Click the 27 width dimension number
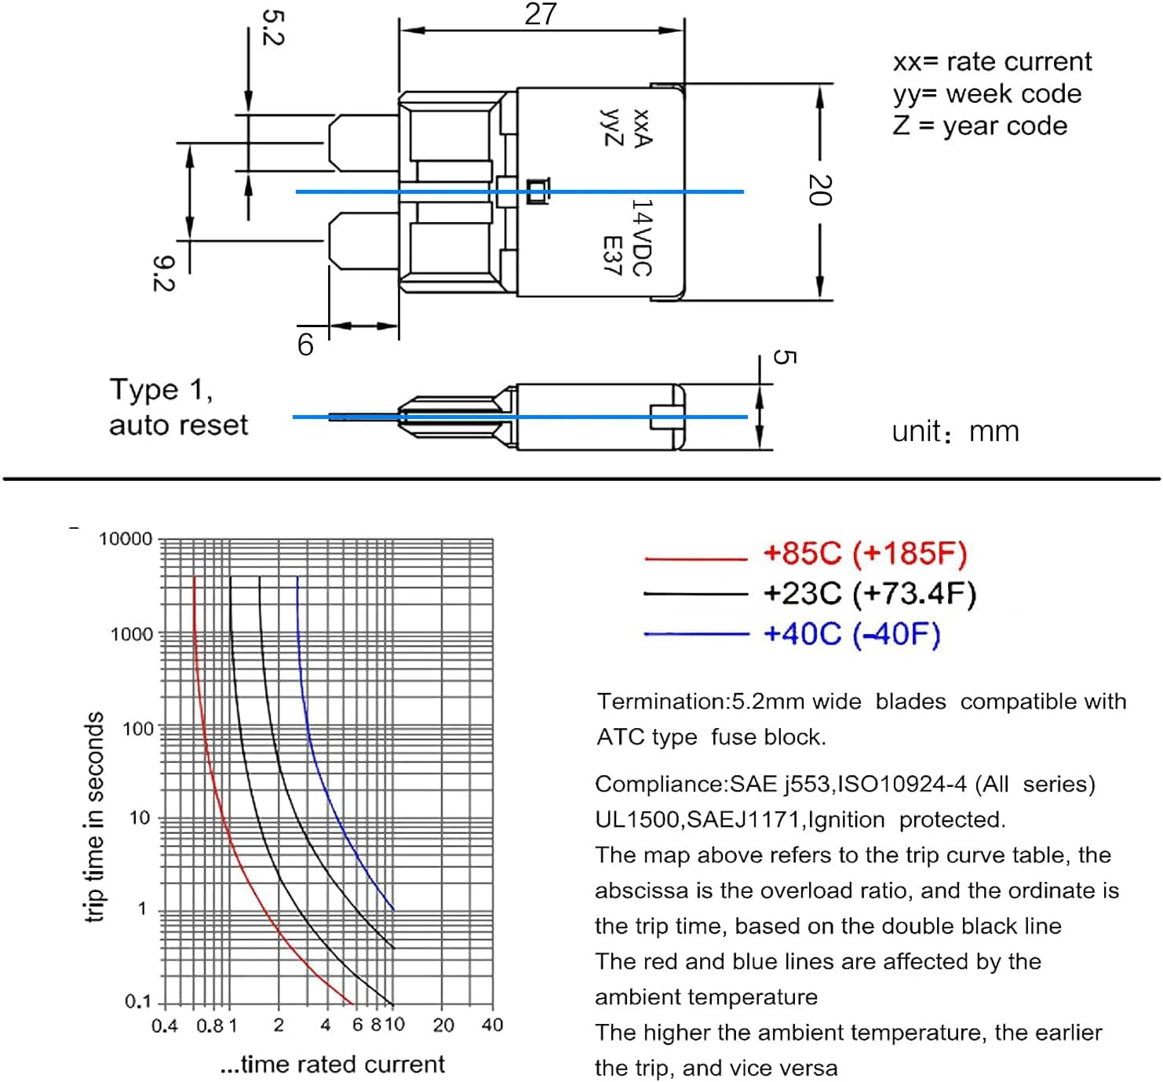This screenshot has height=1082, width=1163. pos(540,14)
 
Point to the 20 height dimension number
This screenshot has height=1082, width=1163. pos(820,190)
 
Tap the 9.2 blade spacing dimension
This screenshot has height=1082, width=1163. pos(163,273)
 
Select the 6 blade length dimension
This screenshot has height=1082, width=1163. pos(305,344)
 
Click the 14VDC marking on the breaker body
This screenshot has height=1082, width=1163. pos(642,237)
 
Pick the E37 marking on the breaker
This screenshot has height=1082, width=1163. pos(612,255)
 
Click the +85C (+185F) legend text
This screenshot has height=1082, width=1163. pos(865,553)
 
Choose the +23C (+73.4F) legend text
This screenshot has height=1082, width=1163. pos(870,593)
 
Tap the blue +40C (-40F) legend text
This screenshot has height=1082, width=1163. pos(852,633)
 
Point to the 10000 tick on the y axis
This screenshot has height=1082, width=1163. pos(126,539)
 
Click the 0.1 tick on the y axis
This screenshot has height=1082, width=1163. pos(138,1002)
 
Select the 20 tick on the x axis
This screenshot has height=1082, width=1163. pos(443,1025)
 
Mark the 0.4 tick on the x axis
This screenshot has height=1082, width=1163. pos(165,1026)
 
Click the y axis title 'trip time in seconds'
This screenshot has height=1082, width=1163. pos(94,818)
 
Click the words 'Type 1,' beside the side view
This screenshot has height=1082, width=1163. pos(161,390)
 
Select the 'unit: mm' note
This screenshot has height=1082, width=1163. pos(955,432)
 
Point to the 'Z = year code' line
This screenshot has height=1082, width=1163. pos(979,126)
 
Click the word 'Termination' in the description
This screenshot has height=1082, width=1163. pos(663,701)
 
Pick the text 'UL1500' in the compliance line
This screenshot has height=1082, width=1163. pos(638,820)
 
